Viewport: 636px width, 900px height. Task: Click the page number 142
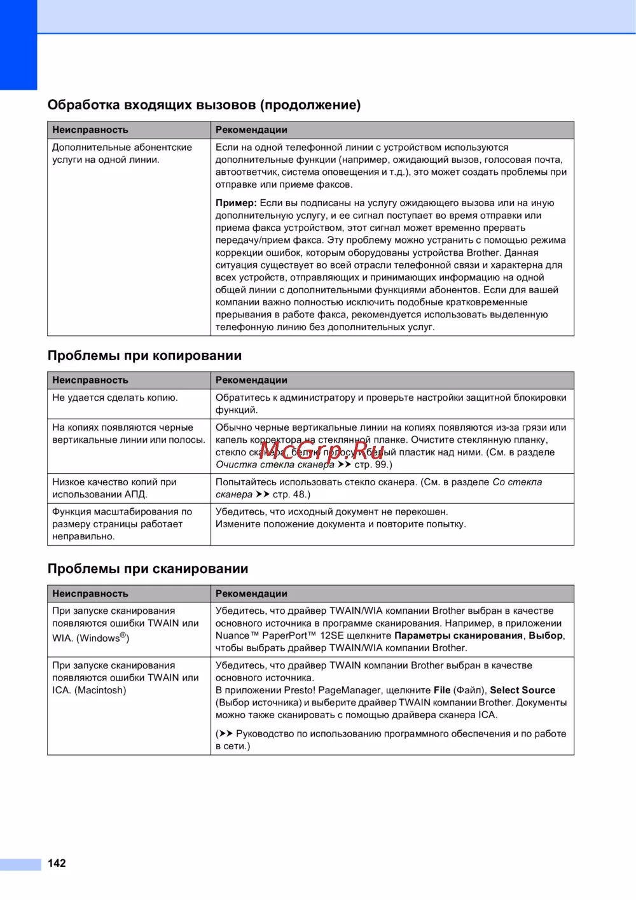pyautogui.click(x=57, y=863)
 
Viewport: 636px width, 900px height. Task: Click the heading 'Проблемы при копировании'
pyautogui.click(x=144, y=356)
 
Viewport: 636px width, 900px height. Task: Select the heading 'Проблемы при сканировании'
pyautogui.click(x=148, y=569)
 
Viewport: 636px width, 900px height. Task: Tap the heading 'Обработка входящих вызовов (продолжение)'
pyautogui.click(x=204, y=105)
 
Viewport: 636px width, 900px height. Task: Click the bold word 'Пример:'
pyautogui.click(x=236, y=203)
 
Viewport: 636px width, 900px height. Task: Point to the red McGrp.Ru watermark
pyautogui.click(x=322, y=451)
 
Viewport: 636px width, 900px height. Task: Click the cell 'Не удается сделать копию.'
pyautogui.click(x=115, y=398)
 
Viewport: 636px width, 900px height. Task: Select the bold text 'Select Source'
pyautogui.click(x=522, y=690)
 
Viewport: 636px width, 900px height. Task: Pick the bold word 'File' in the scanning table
pyautogui.click(x=442, y=690)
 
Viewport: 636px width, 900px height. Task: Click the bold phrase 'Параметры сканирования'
pyautogui.click(x=458, y=635)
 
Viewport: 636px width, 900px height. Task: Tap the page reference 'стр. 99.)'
pyautogui.click(x=373, y=464)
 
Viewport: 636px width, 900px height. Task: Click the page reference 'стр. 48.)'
pyautogui.click(x=291, y=494)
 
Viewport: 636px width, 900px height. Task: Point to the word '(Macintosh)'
pyautogui.click(x=100, y=690)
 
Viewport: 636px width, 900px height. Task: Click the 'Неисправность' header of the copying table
pyautogui.click(x=90, y=380)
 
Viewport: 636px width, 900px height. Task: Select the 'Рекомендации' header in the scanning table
pyautogui.click(x=251, y=593)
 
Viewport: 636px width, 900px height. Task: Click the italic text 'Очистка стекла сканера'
pyautogui.click(x=275, y=464)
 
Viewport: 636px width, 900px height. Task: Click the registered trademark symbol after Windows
pyautogui.click(x=123, y=635)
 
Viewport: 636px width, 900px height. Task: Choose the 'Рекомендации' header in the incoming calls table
pyautogui.click(x=251, y=130)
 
